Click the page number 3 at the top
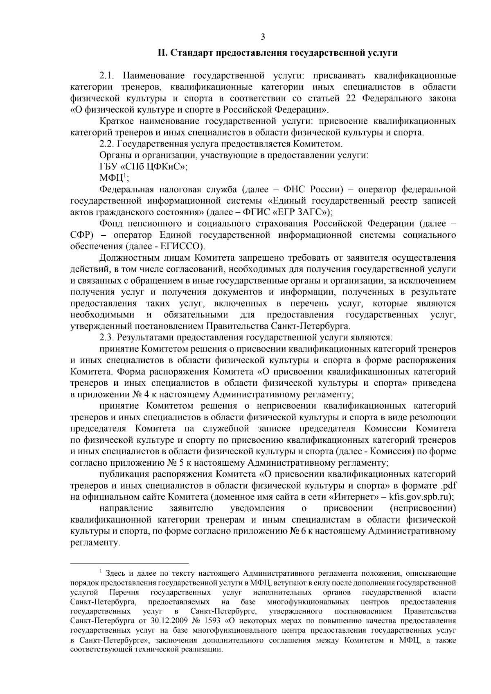(x=263, y=37)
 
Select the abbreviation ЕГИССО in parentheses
(x=185, y=247)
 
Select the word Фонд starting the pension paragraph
(x=110, y=224)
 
